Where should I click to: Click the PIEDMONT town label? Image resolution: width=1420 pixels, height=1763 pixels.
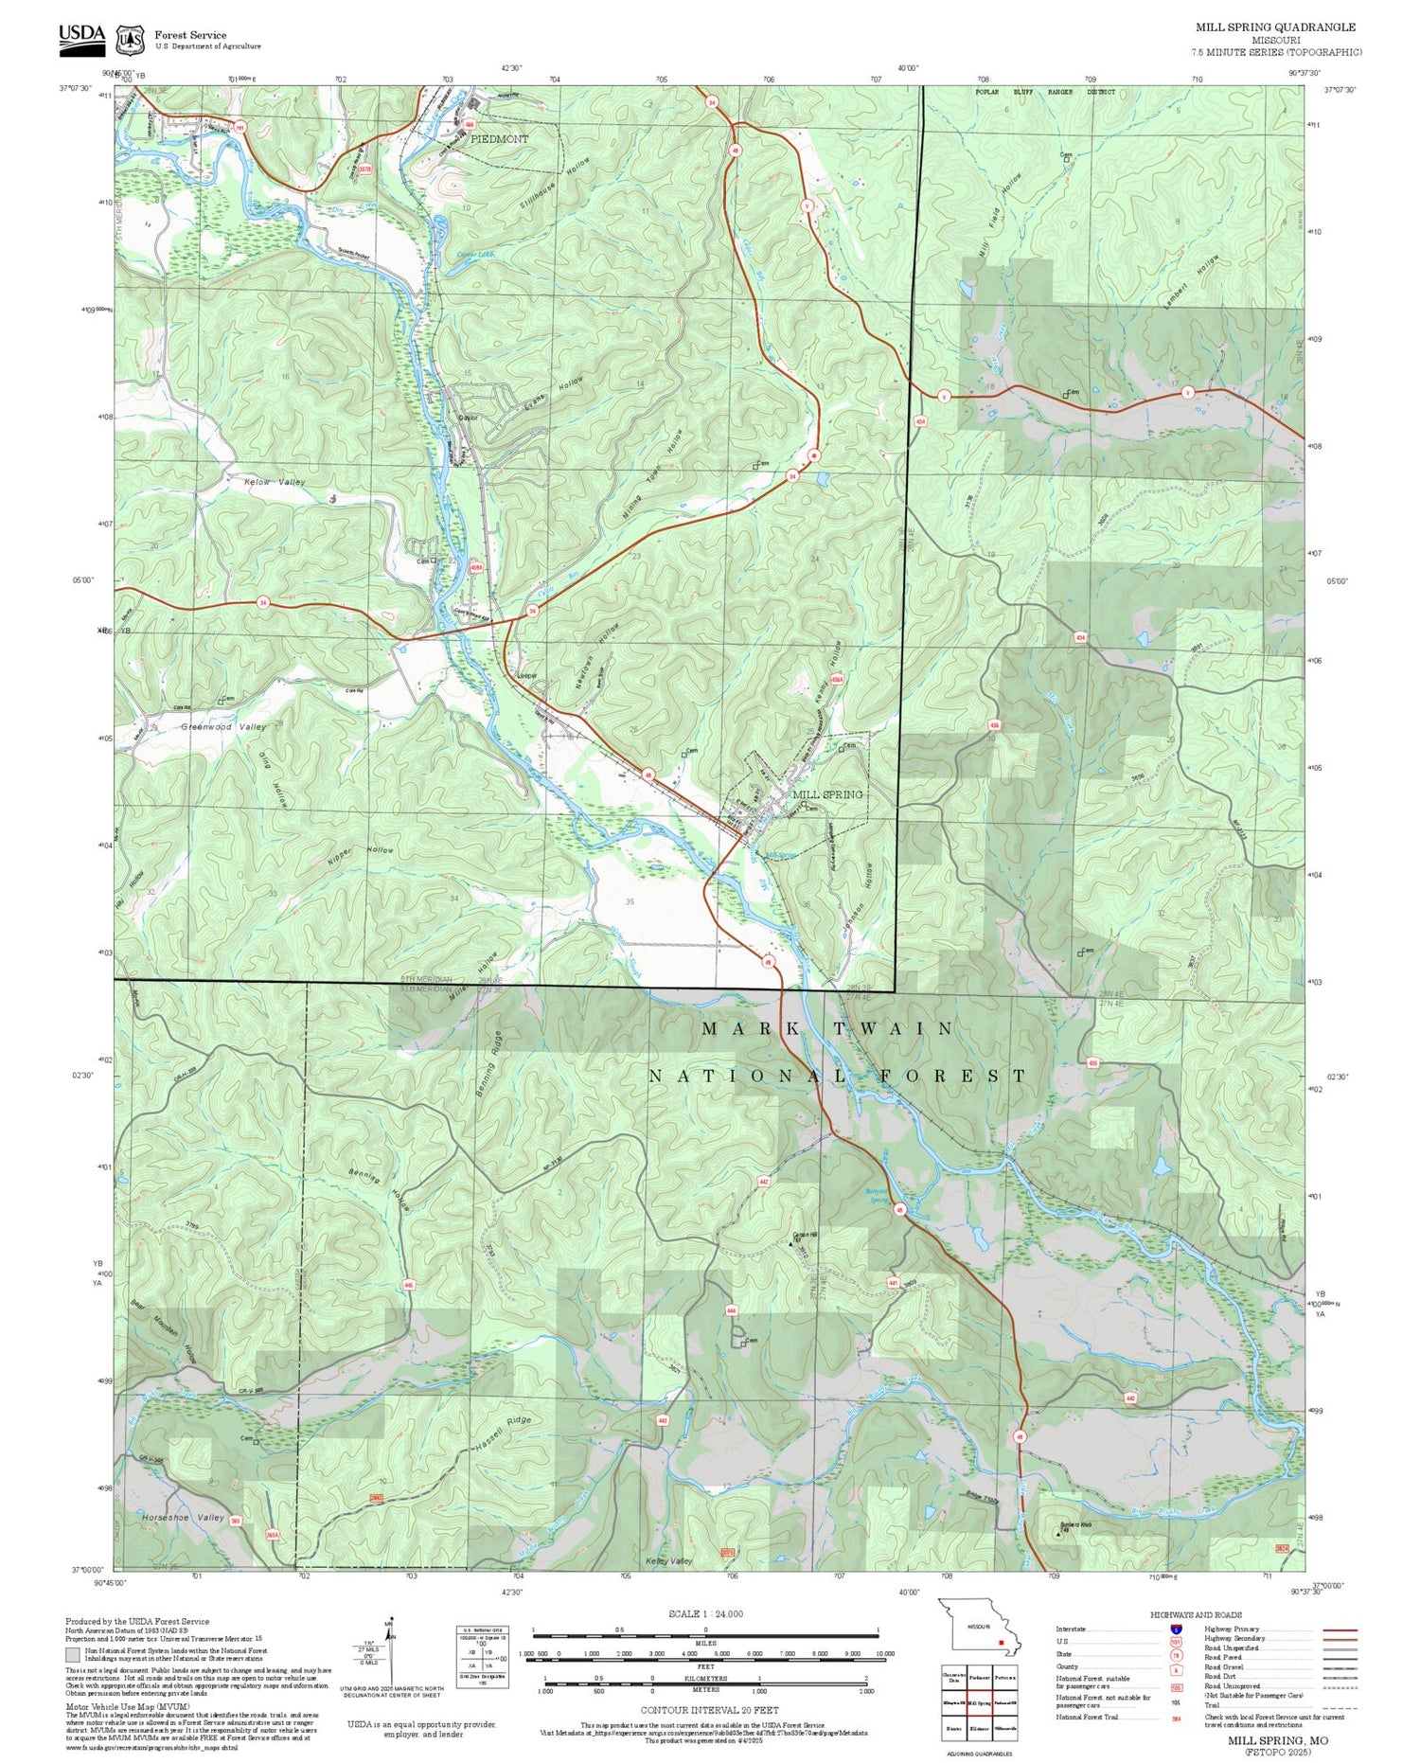tap(500, 139)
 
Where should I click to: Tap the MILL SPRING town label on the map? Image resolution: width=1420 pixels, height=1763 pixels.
tap(827, 794)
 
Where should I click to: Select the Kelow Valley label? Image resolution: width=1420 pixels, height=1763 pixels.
tap(275, 482)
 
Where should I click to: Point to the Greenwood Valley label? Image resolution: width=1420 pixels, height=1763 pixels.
tap(223, 727)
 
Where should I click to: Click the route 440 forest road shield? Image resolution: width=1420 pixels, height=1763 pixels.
tap(1130, 1398)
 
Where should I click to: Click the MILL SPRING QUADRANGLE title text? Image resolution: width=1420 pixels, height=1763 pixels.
tap(1274, 27)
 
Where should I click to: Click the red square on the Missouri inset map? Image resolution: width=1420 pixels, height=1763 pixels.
tap(1001, 1643)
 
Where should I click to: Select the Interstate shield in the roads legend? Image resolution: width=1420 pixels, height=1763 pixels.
tap(1175, 1629)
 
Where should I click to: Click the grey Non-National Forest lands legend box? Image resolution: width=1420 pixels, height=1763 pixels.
tap(72, 1655)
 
